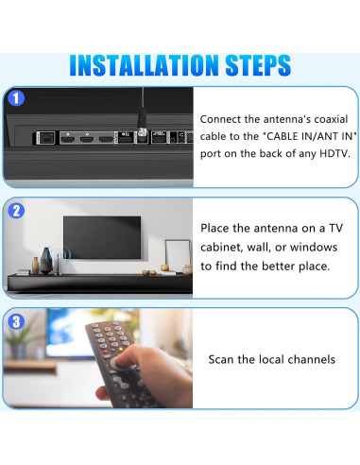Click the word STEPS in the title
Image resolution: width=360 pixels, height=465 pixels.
tap(248, 65)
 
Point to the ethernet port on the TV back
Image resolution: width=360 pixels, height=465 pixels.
tap(44, 138)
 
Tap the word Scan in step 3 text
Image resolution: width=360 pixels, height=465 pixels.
tap(223, 359)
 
